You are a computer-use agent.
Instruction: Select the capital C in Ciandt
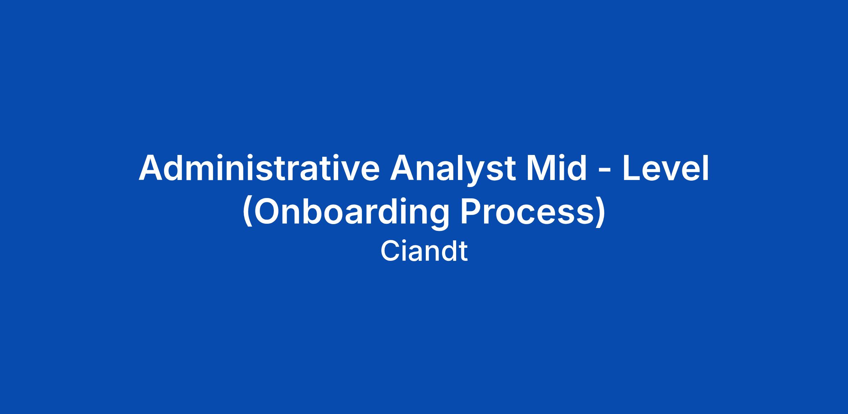click(x=390, y=251)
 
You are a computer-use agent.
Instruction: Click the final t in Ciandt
click(x=463, y=252)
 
